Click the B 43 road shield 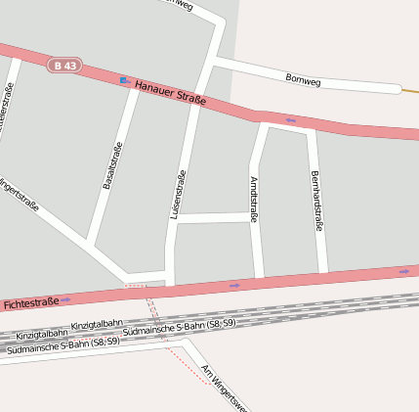(x=64, y=66)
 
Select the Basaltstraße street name (x=112, y=165)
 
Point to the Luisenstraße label (x=179, y=194)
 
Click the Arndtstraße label (x=253, y=200)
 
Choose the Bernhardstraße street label (x=315, y=201)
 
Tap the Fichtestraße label (x=31, y=303)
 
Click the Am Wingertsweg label (x=224, y=388)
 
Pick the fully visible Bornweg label (x=303, y=79)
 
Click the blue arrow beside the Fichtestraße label (x=65, y=299)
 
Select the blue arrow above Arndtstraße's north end (x=291, y=120)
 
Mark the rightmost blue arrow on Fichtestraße (x=403, y=271)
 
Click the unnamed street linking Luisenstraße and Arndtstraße (x=214, y=217)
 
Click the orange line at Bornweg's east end (x=410, y=92)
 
